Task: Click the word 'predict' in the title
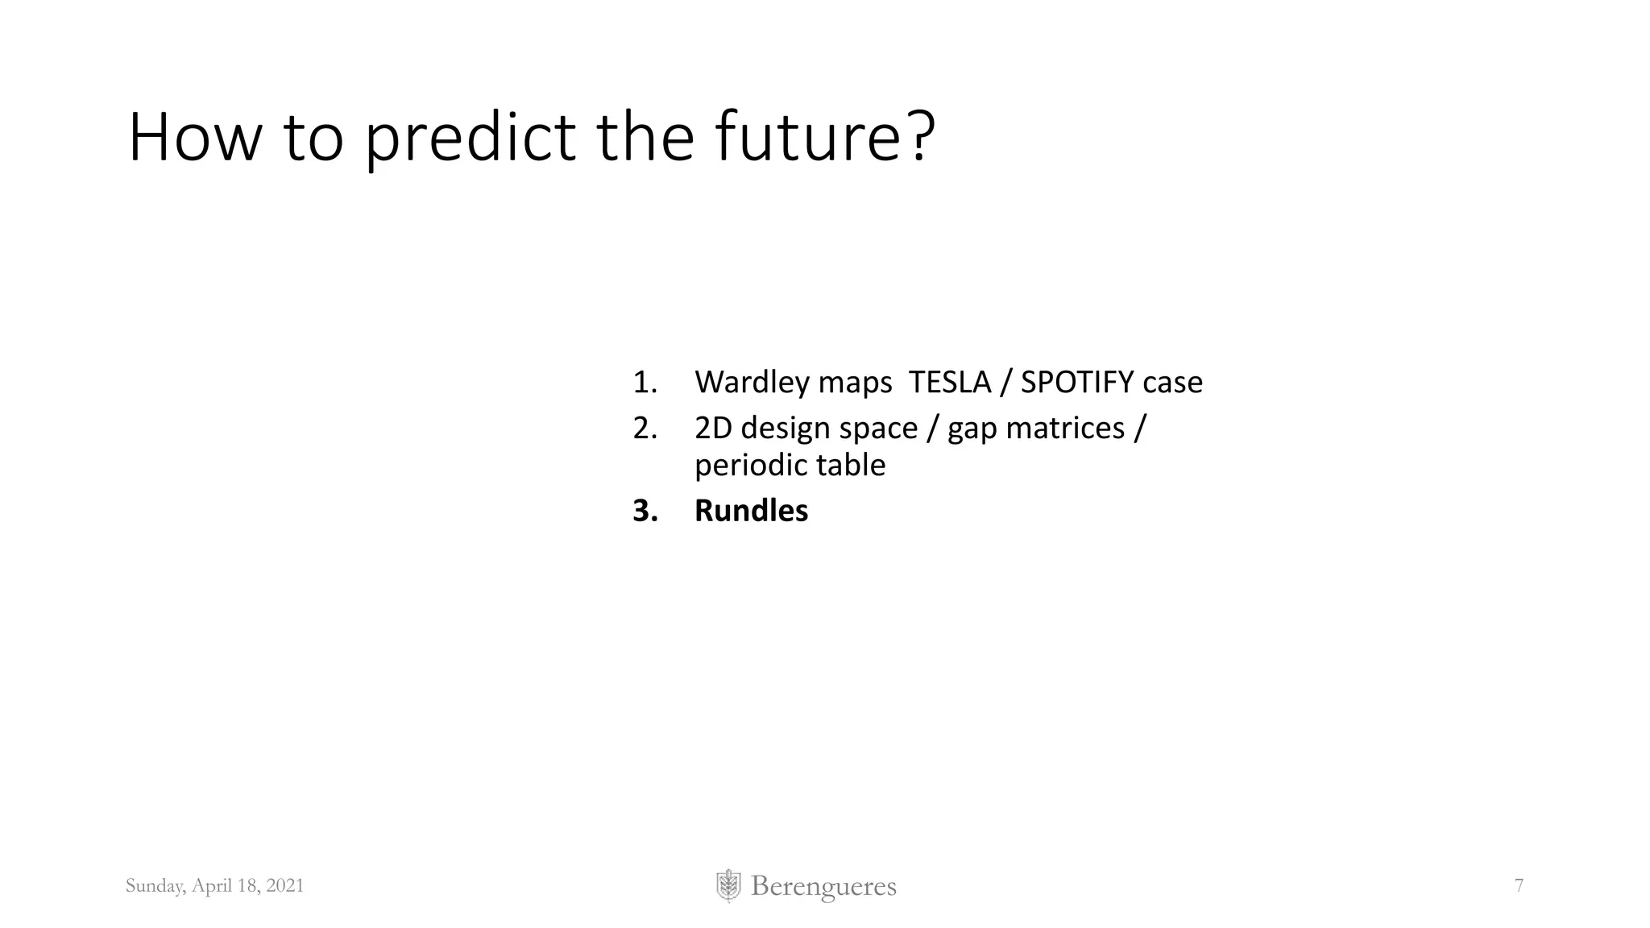point(470,139)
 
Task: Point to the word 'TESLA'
point(949,382)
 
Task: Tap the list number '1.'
point(645,382)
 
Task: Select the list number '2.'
point(645,428)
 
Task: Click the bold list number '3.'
point(645,511)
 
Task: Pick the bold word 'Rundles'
point(751,511)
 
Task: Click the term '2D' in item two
point(713,428)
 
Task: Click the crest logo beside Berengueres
point(728,886)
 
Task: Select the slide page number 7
point(1519,886)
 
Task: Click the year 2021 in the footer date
point(284,886)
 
